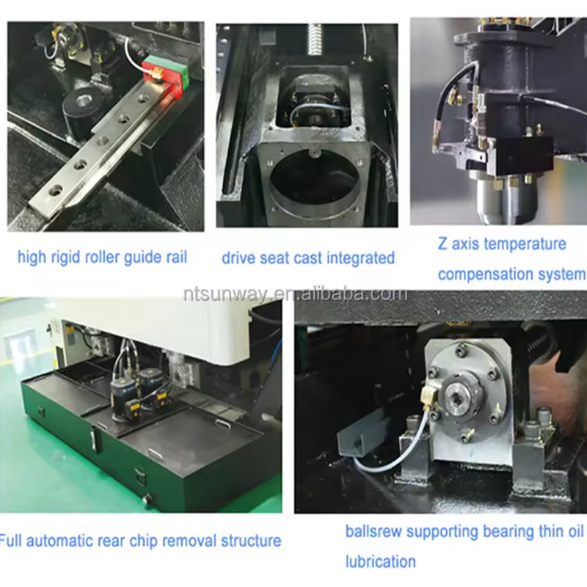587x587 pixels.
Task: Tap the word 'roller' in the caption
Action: pos(102,258)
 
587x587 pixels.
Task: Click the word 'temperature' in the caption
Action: pos(525,244)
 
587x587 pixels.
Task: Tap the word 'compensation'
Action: pos(486,274)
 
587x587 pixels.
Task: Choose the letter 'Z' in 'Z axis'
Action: pos(443,244)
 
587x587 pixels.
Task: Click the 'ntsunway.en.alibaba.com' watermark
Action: pos(295,294)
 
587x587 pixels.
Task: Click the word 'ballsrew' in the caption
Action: pos(373,531)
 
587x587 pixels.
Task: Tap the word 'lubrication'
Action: pos(380,562)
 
